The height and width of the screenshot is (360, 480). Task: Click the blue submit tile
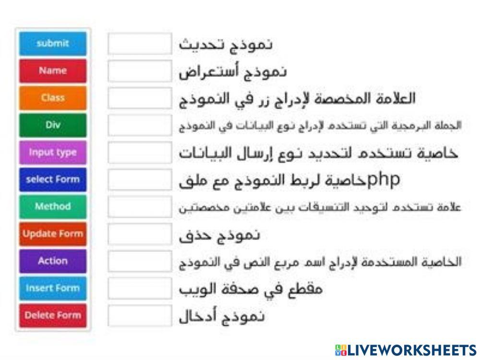tap(53, 43)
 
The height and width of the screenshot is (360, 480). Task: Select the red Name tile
tap(53, 71)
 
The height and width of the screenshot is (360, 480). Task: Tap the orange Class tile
tap(53, 98)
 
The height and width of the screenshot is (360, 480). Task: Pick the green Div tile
tap(53, 125)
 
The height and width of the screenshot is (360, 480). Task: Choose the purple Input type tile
tap(53, 152)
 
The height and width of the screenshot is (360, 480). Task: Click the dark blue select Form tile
tap(53, 180)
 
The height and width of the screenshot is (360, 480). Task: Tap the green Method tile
tap(53, 206)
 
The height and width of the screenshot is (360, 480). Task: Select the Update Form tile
tap(53, 234)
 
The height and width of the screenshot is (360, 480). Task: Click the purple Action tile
tap(53, 261)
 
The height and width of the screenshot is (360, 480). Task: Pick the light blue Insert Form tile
tap(53, 288)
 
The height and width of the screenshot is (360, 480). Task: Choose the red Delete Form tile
tap(53, 315)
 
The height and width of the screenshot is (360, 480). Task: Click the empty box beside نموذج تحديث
tap(139, 44)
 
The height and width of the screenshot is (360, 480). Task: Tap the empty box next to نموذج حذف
tap(139, 234)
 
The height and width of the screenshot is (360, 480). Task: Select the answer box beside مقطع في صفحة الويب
tap(139, 288)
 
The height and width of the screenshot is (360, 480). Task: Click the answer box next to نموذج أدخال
tap(139, 316)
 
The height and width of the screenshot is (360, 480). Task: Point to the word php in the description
tap(384, 180)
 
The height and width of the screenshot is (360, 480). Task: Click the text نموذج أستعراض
tap(233, 72)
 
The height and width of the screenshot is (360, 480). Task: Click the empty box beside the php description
tap(139, 180)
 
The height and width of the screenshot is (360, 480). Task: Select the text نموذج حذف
tap(220, 235)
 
